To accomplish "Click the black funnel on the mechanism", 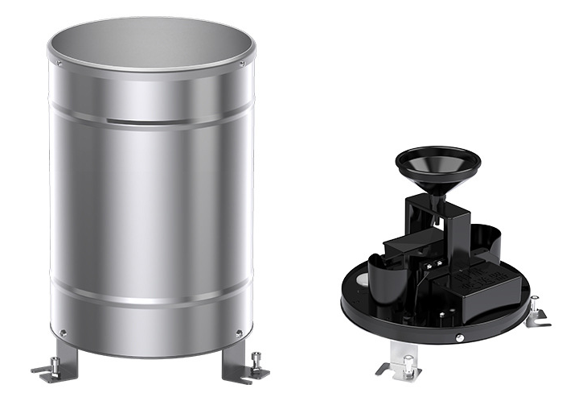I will pos(437,165).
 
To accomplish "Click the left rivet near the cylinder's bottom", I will pos(63,332).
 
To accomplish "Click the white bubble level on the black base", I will pos(362,281).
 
